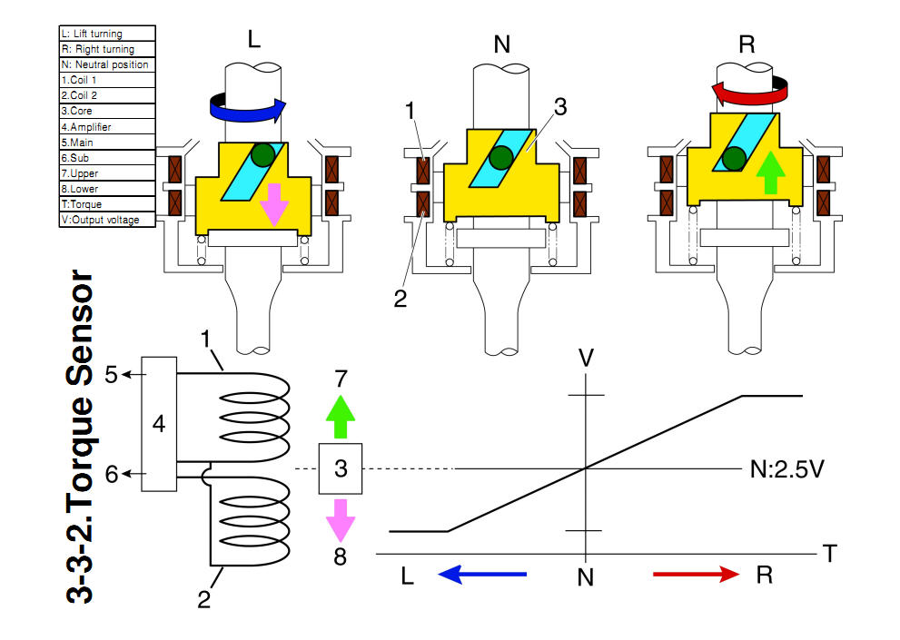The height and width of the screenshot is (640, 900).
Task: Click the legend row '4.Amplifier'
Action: coord(107,127)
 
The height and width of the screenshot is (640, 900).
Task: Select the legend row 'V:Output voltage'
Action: coord(107,220)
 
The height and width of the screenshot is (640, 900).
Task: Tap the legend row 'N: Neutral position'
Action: coord(107,64)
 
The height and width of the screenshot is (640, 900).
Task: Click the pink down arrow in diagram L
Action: coord(274,205)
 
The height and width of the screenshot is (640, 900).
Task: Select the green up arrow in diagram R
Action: coord(771,172)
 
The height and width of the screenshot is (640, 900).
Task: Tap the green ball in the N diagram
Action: coord(501,158)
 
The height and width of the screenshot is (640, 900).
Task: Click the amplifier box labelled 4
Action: coord(159,424)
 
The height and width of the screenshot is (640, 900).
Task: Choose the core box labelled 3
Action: coord(341,468)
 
